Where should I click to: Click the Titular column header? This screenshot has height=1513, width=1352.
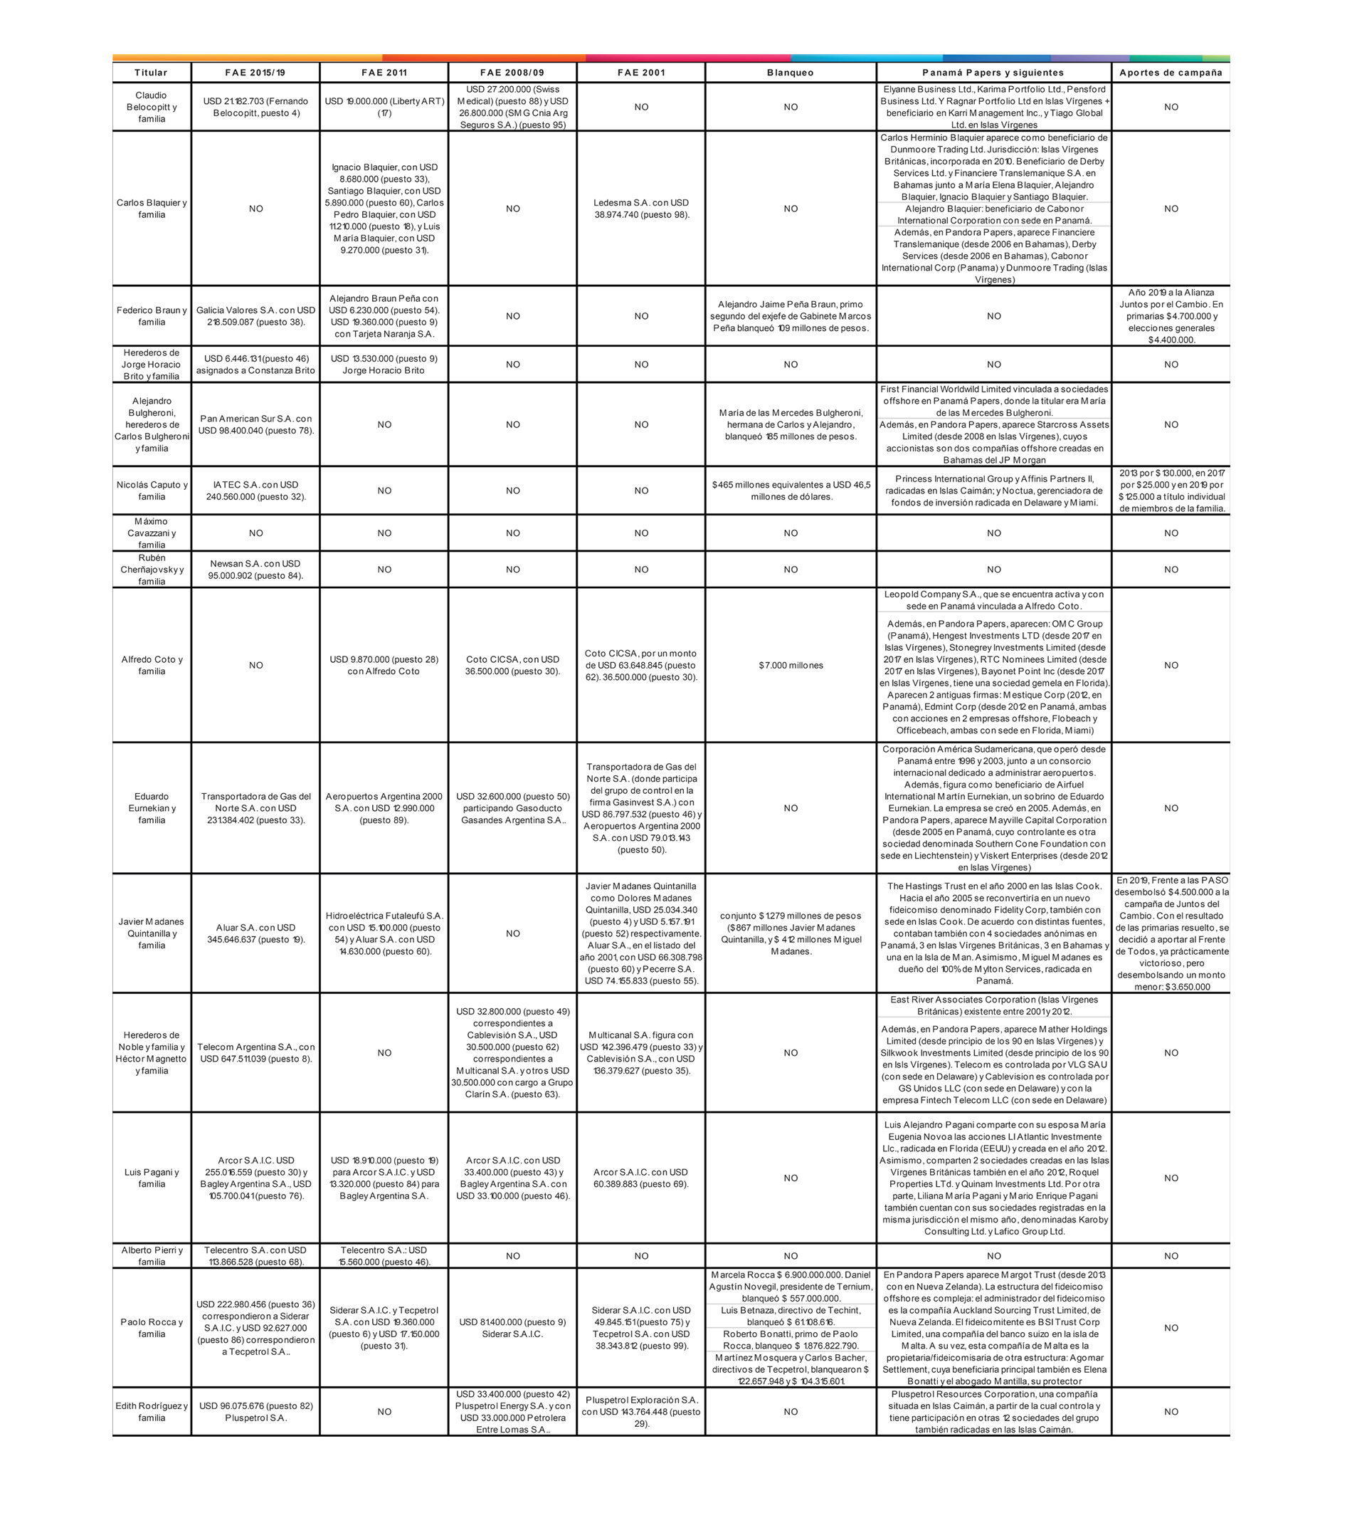pyautogui.click(x=151, y=73)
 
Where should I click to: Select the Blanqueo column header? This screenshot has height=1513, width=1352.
pyautogui.click(x=790, y=73)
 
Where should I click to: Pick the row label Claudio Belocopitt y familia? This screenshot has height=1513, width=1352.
pyautogui.click(x=152, y=107)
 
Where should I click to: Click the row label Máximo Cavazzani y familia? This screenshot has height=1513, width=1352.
pyautogui.click(x=152, y=533)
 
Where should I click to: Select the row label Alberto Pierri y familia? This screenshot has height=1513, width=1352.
pyautogui.click(x=152, y=1256)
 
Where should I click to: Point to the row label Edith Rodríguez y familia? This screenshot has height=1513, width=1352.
pyautogui.click(x=152, y=1412)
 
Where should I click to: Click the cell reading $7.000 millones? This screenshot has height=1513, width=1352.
pyautogui.click(x=791, y=665)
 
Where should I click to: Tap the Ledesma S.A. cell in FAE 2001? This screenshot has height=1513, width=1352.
pyautogui.click(x=641, y=209)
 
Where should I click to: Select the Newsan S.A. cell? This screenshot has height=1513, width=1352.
pyautogui.click(x=255, y=569)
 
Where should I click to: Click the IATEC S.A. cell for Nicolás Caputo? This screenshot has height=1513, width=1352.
pyautogui.click(x=255, y=491)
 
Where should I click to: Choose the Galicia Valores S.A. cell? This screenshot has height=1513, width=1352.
pyautogui.click(x=255, y=316)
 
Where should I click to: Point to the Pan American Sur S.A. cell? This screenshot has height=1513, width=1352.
pyautogui.click(x=255, y=424)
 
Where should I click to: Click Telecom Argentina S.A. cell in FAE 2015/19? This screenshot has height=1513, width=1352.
pyautogui.click(x=255, y=1052)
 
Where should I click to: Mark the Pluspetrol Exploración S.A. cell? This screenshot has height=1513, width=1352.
pyautogui.click(x=641, y=1412)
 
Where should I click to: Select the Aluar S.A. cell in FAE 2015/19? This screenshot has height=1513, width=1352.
pyautogui.click(x=255, y=933)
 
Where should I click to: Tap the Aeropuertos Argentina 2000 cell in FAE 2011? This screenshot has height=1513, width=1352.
pyautogui.click(x=384, y=808)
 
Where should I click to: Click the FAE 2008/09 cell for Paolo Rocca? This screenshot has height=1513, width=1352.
pyautogui.click(x=512, y=1328)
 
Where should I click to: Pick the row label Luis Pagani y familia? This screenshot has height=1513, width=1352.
pyautogui.click(x=152, y=1178)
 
